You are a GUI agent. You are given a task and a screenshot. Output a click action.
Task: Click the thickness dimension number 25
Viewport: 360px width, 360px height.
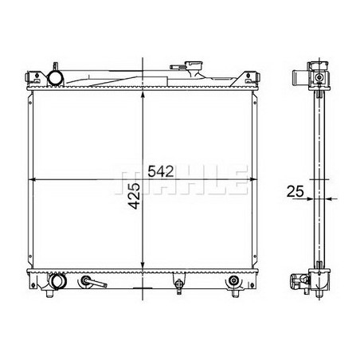(x=294, y=192)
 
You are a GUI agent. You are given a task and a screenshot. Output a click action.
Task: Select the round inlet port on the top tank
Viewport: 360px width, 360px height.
(x=57, y=78)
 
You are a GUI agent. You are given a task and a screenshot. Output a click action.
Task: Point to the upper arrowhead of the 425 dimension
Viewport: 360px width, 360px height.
(x=143, y=94)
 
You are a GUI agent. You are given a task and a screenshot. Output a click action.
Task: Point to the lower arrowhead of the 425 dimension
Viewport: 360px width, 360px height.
(x=143, y=268)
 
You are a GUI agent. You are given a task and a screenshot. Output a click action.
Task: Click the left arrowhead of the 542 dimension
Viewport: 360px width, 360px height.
(x=33, y=179)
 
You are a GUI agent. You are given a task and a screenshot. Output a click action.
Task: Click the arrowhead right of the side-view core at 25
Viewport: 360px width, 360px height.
(x=328, y=199)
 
